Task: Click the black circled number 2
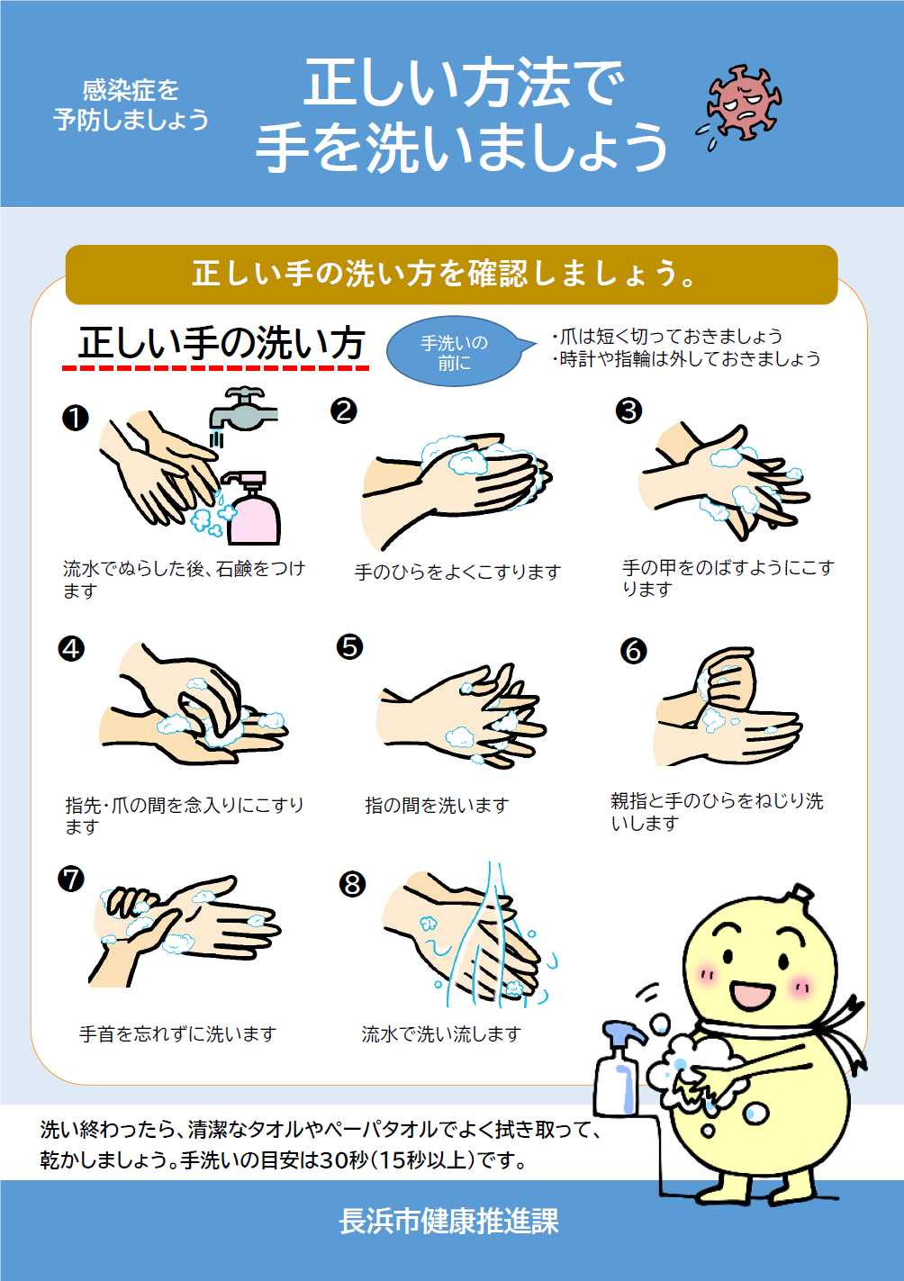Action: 343,410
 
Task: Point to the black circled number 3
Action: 628,410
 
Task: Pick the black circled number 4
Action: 71,649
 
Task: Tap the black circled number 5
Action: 349,646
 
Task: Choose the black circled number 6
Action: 633,651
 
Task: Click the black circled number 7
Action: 71,879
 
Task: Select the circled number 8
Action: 352,885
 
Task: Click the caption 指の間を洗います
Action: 437,805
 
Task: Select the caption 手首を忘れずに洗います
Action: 178,1033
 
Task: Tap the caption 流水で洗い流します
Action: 442,1033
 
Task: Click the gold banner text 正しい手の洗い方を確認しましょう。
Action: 445,274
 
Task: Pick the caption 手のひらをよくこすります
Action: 457,572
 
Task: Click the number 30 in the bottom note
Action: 332,1159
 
